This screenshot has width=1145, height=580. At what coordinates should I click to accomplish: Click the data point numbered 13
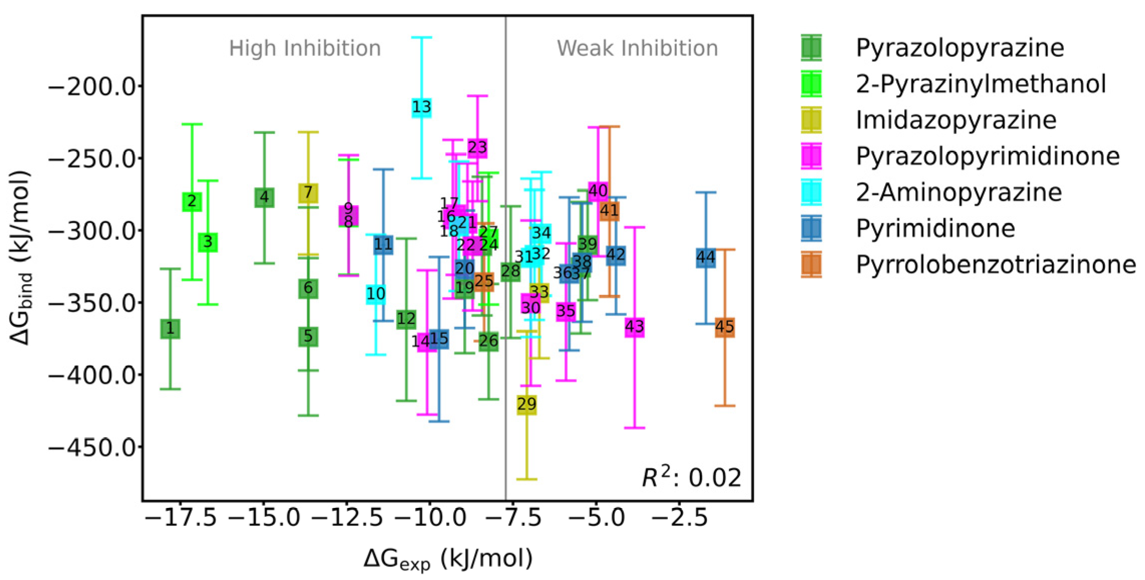[x=422, y=107]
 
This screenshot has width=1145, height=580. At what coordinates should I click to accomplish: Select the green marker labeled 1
[x=170, y=329]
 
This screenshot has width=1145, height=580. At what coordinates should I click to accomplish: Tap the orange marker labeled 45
[x=724, y=327]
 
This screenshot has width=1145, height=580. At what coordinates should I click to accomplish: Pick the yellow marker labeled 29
[x=527, y=404]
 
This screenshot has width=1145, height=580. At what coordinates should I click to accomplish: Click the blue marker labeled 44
[x=706, y=258]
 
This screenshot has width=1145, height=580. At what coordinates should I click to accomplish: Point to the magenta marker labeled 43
[x=634, y=327]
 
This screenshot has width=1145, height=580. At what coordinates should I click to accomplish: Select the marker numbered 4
[x=264, y=198]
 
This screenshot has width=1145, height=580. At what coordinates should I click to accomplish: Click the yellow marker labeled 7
[x=308, y=192]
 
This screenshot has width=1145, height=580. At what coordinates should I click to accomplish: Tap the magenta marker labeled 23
[x=477, y=148]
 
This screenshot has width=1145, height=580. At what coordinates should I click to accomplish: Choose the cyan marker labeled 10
[x=376, y=294]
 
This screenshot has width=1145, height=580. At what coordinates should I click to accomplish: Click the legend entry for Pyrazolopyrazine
[x=960, y=48]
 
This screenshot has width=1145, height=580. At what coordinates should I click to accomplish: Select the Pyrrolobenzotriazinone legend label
[x=995, y=265]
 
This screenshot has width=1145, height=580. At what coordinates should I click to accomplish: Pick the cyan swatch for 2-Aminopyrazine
[x=811, y=192]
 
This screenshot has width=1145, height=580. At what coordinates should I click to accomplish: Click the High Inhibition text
[x=305, y=49]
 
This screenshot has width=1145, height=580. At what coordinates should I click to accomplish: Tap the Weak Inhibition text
[x=637, y=49]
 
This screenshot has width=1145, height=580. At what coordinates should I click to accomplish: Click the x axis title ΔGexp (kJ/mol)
[x=448, y=559]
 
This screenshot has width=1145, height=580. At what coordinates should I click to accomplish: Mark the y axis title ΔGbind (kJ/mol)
[x=21, y=258]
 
